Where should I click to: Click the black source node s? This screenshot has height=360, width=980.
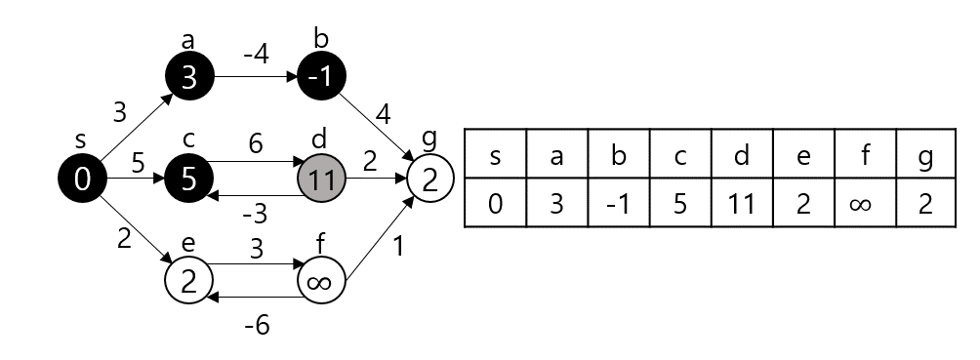click(x=83, y=179)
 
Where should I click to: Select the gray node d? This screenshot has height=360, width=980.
click(x=321, y=179)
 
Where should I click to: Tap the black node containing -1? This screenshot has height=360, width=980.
click(x=321, y=76)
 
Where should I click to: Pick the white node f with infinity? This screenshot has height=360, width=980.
click(x=321, y=282)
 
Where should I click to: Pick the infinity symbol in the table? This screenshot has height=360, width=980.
click(x=864, y=203)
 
